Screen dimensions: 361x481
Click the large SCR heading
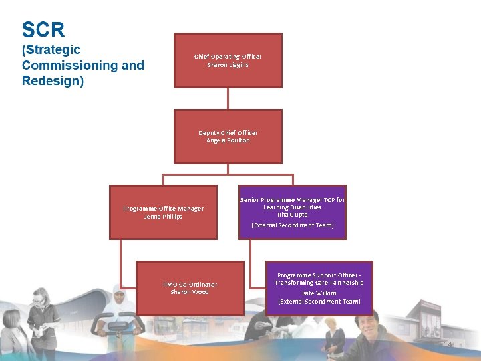[43, 30]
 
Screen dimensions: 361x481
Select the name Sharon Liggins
[228, 65]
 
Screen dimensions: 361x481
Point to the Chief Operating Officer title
[228, 57]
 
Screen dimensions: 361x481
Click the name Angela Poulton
[228, 140]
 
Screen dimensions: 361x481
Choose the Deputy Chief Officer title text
[228, 133]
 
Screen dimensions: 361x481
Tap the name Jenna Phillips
[163, 217]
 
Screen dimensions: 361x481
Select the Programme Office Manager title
[163, 209]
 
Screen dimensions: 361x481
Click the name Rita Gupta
[293, 215]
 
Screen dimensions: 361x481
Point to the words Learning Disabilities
[293, 207]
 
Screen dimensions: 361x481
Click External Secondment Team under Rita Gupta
[293, 225]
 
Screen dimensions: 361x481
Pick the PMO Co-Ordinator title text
[190, 285]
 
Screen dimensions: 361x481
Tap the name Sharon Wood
[190, 292]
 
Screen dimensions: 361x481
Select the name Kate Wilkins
[319, 293]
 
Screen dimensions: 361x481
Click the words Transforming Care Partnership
[319, 283]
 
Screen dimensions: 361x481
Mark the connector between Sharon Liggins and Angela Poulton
[228, 98]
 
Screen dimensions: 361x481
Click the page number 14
[448, 344]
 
